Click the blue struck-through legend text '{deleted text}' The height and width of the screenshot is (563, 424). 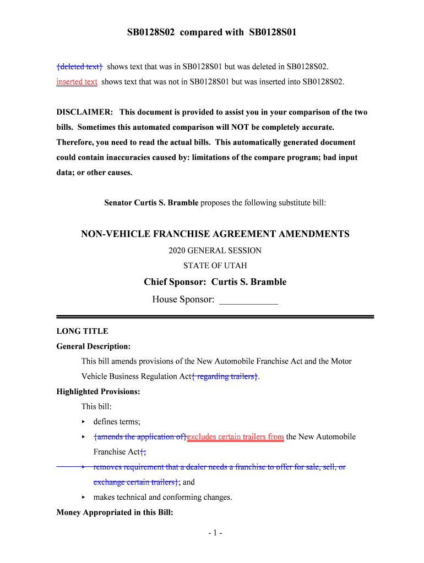79,67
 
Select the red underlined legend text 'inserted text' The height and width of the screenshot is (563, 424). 77,82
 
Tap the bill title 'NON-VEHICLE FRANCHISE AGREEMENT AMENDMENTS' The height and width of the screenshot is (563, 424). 215,234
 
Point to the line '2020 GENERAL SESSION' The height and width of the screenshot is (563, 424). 215,251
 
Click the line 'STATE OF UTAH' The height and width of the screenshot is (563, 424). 215,266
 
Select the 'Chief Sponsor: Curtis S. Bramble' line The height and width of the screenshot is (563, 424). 215,282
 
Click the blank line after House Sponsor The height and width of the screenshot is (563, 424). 248,300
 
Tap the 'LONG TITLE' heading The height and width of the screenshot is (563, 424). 82,331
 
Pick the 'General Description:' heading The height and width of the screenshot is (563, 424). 94,346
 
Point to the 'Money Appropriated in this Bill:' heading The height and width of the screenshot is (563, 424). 115,513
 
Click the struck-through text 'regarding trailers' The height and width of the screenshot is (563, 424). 225,377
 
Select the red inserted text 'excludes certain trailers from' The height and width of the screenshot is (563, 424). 236,437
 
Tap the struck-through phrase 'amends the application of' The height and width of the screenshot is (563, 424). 140,437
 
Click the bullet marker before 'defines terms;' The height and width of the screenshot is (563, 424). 83,422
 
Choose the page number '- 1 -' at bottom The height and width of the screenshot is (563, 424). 215,533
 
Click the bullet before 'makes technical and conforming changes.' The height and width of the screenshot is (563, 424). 83,498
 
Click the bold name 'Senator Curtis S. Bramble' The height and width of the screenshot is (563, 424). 151,203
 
